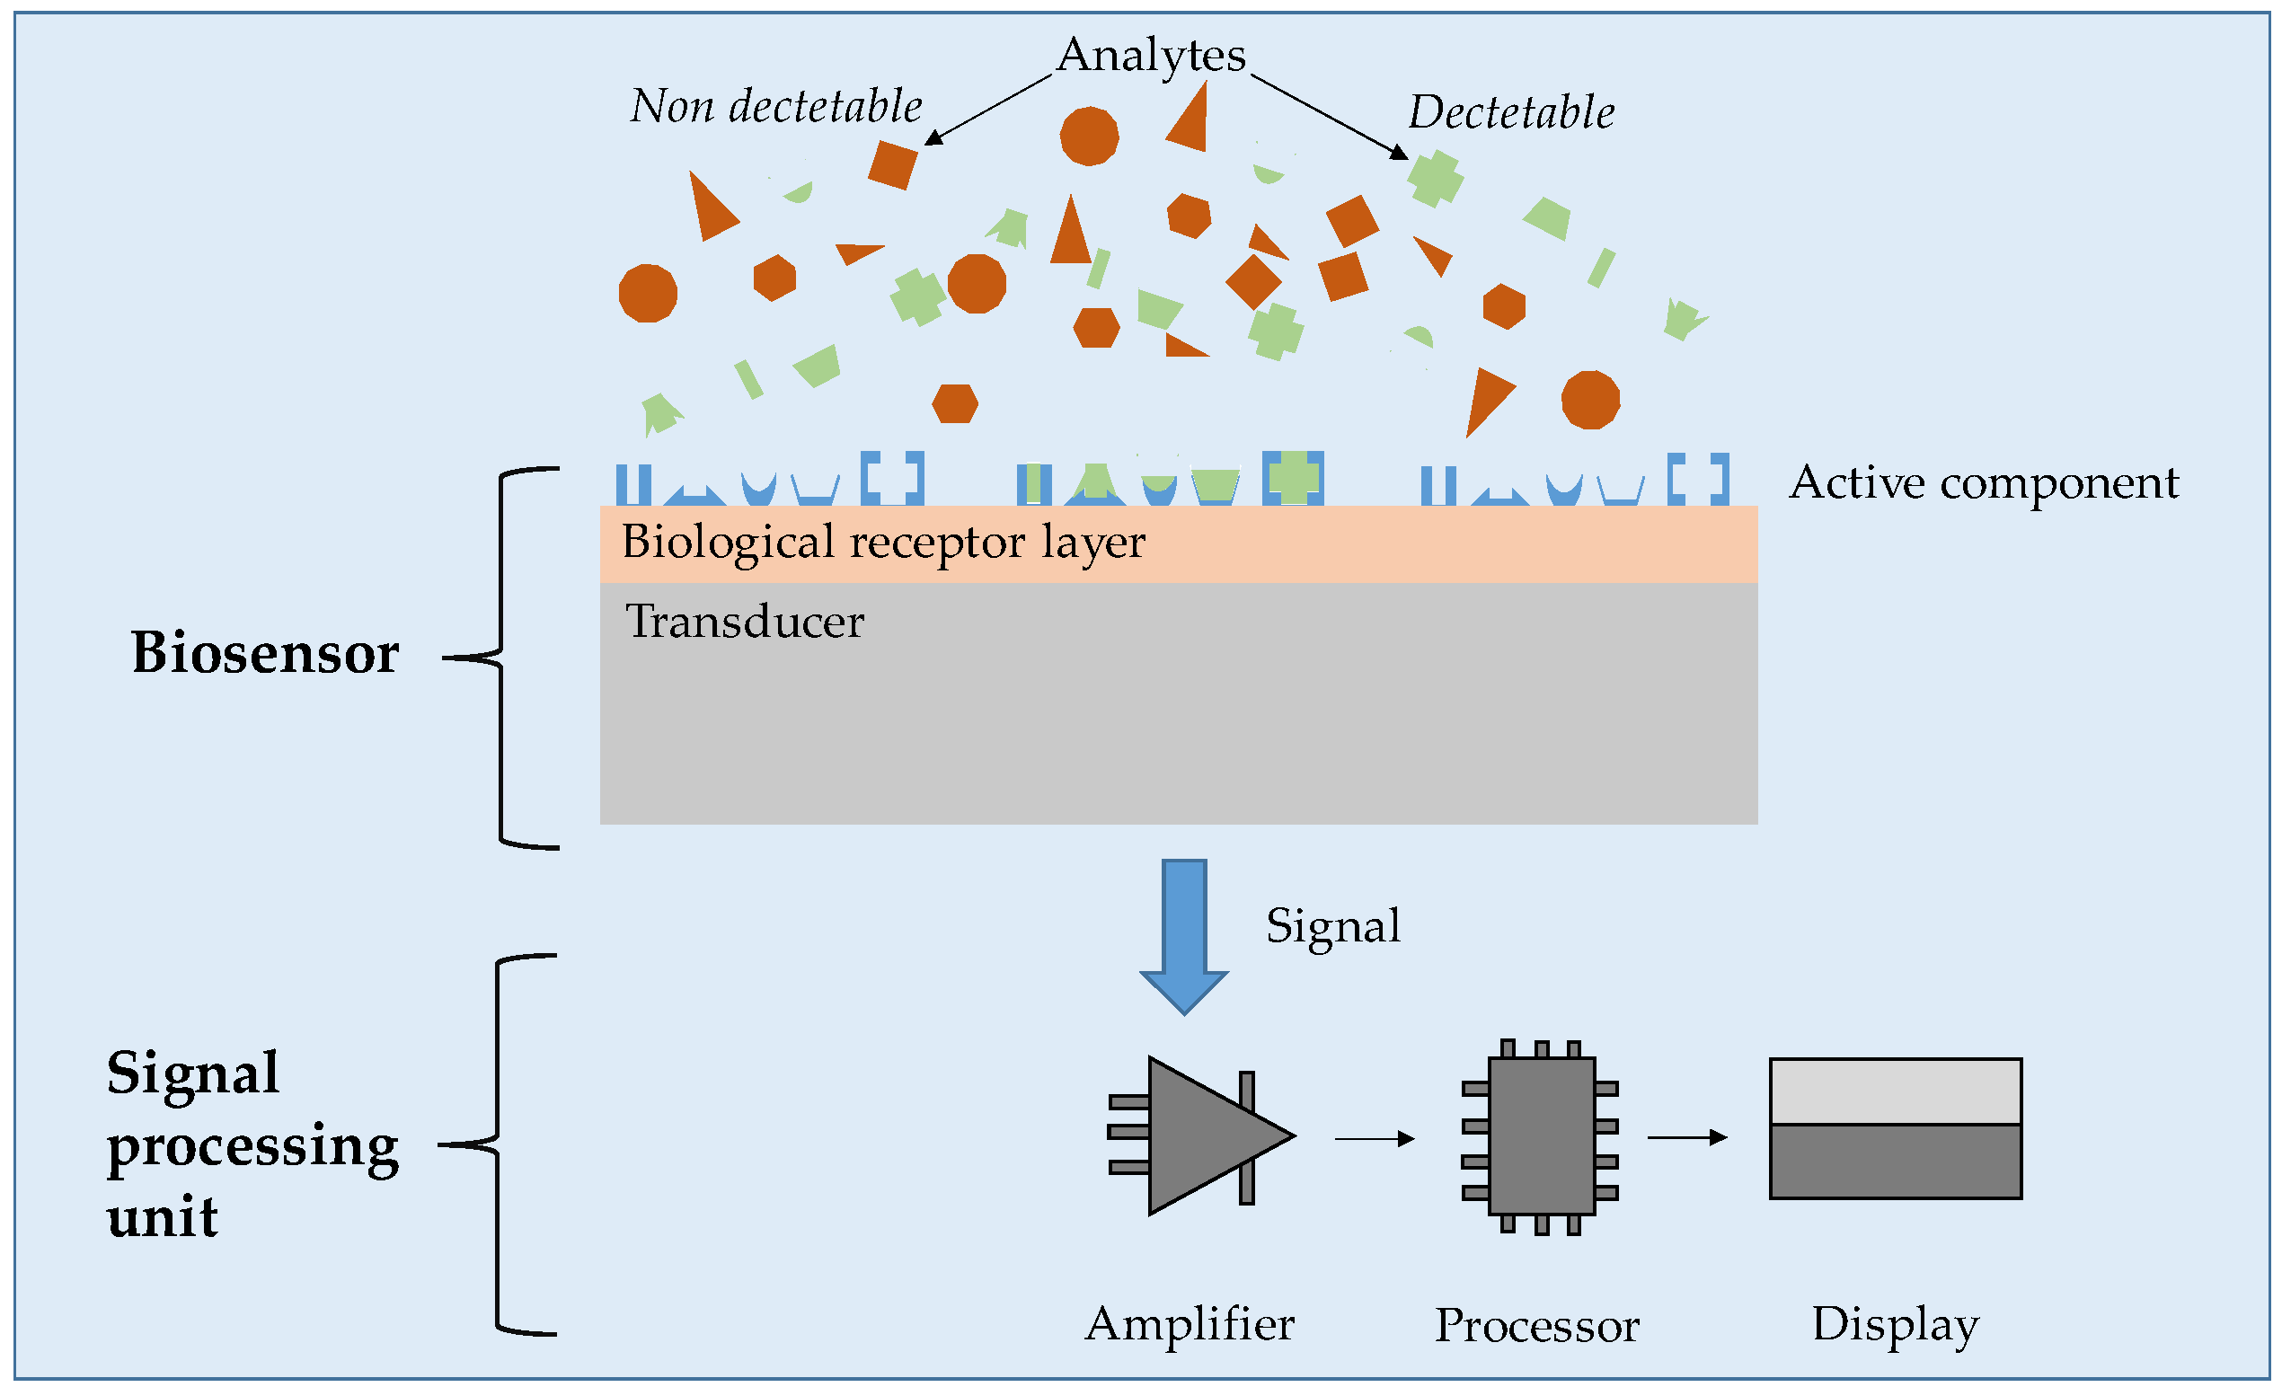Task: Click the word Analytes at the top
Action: (x=1151, y=56)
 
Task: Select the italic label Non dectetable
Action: (x=776, y=107)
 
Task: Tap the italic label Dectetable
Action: (x=1511, y=113)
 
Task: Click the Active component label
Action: (x=1984, y=483)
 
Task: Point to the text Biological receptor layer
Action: (x=882, y=543)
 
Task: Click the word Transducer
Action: (x=745, y=622)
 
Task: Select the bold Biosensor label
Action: (x=265, y=654)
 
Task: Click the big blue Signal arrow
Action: (x=1183, y=935)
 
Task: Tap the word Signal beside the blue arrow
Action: (x=1332, y=926)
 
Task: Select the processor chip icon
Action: (x=1540, y=1137)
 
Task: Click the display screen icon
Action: (x=1895, y=1128)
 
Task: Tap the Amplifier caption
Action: (x=1190, y=1324)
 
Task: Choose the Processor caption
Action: (x=1536, y=1326)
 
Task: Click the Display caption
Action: (x=1895, y=1324)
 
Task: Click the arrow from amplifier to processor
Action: (x=1375, y=1139)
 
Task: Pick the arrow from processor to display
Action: (x=1686, y=1137)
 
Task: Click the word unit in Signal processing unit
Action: (x=162, y=1216)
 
